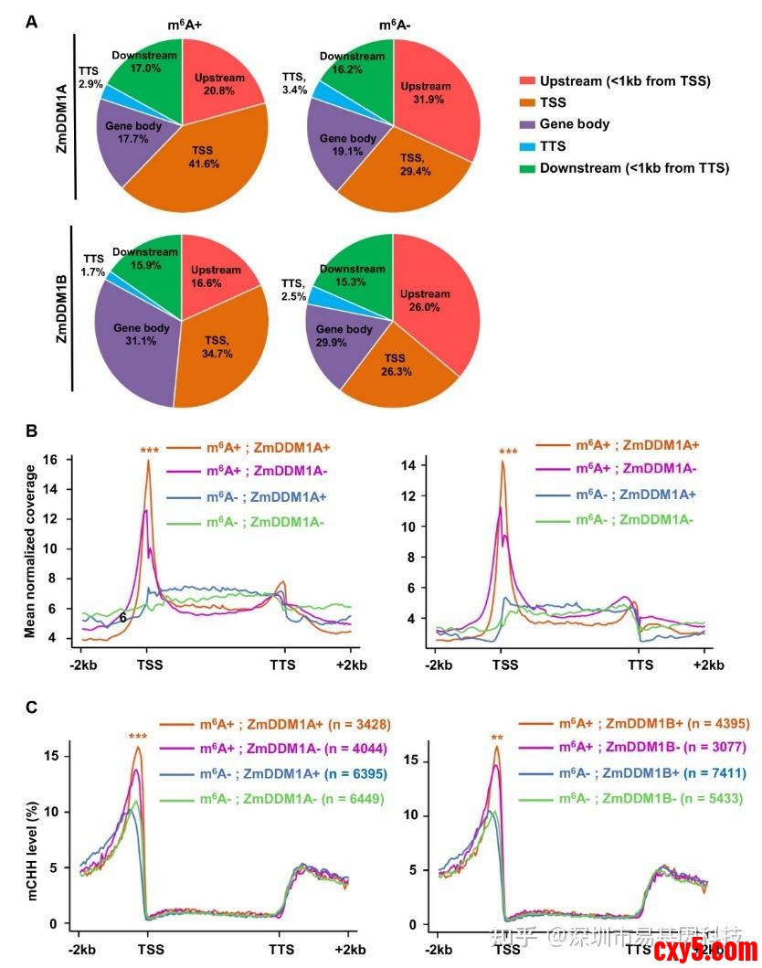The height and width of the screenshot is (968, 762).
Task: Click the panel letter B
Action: coord(32,428)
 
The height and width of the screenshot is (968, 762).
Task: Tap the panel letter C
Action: coord(32,707)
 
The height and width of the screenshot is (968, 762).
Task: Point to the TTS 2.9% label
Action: coord(90,77)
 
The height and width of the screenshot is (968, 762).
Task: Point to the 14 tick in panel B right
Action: coord(408,466)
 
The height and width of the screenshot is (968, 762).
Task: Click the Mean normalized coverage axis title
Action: coord(30,551)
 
